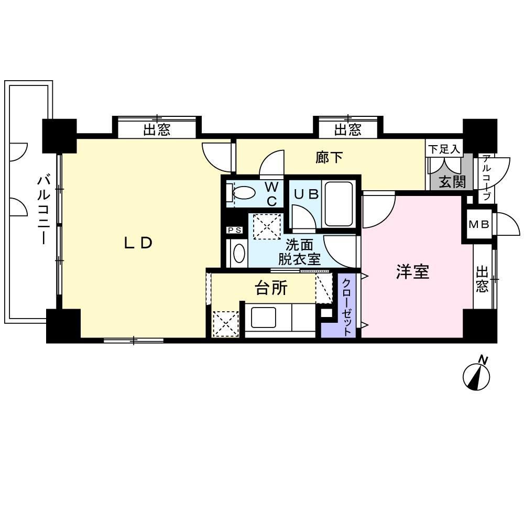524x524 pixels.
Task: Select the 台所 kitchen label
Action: point(271,287)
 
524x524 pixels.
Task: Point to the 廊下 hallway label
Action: point(330,157)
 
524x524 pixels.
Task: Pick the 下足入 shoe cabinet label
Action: point(444,149)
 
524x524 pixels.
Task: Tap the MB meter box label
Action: point(478,225)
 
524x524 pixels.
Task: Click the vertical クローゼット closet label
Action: point(347,306)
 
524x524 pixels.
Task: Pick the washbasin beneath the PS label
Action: point(238,254)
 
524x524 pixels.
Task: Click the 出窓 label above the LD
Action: point(157,129)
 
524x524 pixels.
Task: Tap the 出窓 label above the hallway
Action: point(347,129)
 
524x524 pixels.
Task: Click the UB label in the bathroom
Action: point(305,193)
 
